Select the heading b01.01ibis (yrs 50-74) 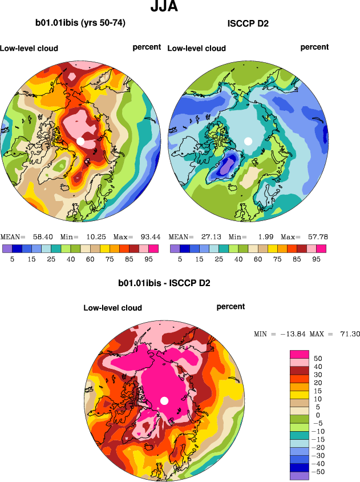click(x=80, y=23)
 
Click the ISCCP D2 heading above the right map click(x=248, y=24)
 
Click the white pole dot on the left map click(x=80, y=140)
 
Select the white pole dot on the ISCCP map click(x=248, y=140)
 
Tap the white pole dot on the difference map click(x=164, y=400)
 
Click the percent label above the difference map click(x=230, y=307)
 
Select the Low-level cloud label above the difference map click(x=112, y=308)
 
